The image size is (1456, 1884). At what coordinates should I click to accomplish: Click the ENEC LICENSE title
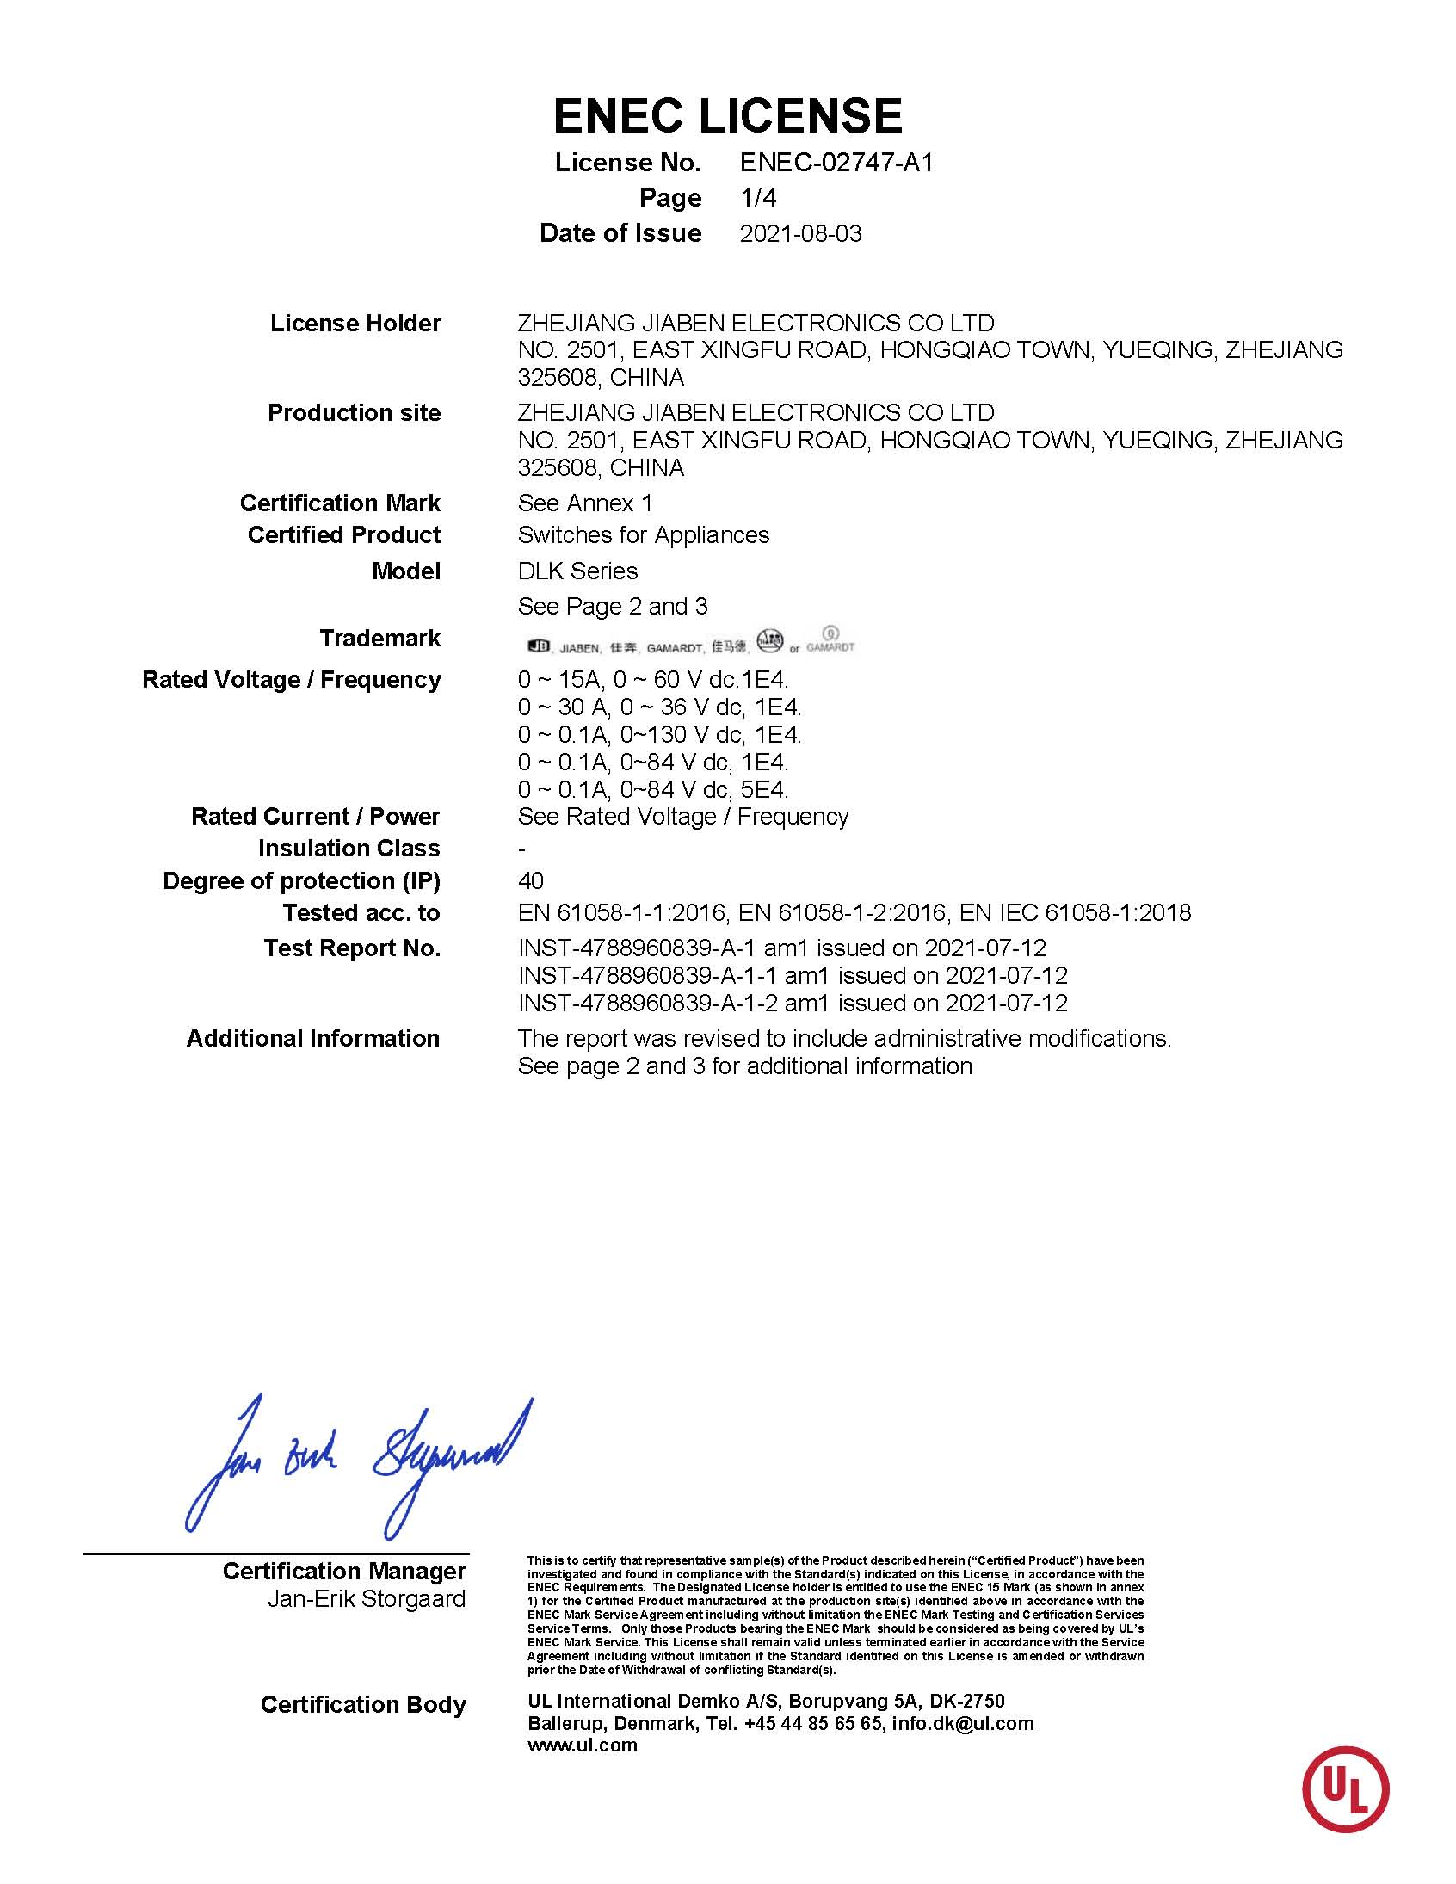pyautogui.click(x=727, y=116)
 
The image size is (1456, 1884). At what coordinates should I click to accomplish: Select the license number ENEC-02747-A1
pyautogui.click(x=836, y=162)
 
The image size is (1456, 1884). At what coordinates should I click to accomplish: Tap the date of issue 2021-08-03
pyautogui.click(x=800, y=234)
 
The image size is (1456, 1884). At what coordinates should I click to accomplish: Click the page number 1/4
pyautogui.click(x=758, y=198)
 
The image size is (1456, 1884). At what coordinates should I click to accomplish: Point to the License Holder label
pyautogui.click(x=355, y=324)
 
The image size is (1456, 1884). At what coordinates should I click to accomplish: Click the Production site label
pyautogui.click(x=354, y=413)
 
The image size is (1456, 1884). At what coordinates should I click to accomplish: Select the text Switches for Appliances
pyautogui.click(x=643, y=535)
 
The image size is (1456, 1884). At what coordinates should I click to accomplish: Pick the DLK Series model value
pyautogui.click(x=577, y=571)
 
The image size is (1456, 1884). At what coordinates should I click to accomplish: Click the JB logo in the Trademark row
pyautogui.click(x=538, y=646)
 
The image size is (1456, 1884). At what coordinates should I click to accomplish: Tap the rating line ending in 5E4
pyautogui.click(x=653, y=789)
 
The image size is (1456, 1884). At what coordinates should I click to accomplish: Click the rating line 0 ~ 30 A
pyautogui.click(x=659, y=707)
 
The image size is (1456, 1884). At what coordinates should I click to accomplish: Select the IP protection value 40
pyautogui.click(x=530, y=880)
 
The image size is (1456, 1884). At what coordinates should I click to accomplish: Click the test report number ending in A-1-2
pyautogui.click(x=792, y=1004)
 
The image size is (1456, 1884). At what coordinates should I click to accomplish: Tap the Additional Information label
pyautogui.click(x=313, y=1039)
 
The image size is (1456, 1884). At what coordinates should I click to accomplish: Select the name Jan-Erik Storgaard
pyautogui.click(x=366, y=1598)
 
